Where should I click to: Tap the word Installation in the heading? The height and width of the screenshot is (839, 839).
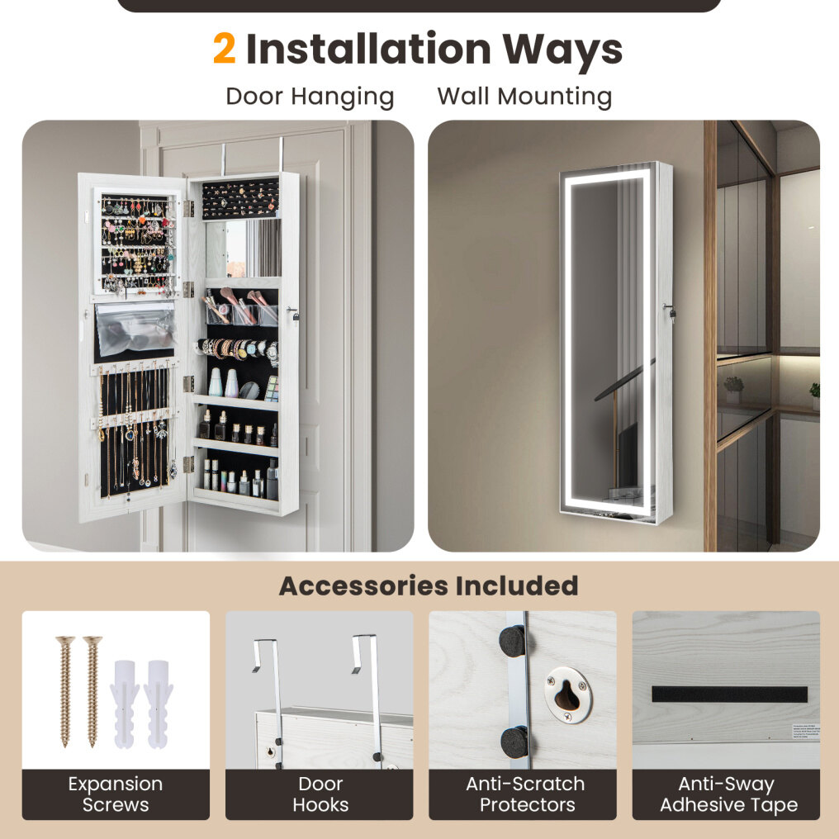pos(368,50)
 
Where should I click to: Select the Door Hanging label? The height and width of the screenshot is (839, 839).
pos(310,97)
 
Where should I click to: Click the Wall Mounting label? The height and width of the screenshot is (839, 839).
pos(524,97)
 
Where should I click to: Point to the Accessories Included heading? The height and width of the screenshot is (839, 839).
pos(429,585)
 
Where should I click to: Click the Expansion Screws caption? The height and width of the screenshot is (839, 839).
pos(116,794)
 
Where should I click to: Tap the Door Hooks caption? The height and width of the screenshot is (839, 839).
pos(320,794)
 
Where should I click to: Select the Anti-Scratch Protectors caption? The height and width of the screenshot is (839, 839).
pos(525,794)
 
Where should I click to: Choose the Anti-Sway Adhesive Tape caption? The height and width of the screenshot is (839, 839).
pos(728,794)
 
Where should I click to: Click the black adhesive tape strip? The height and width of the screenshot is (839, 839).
pos(729,694)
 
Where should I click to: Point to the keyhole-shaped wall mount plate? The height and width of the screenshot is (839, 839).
pos(568,694)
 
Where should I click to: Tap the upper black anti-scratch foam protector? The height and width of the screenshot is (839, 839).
pos(513,641)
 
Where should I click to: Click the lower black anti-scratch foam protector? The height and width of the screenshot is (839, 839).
pos(514,742)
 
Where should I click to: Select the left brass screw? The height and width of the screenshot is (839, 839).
pos(65,691)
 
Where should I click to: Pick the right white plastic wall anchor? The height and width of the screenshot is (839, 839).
pos(159,704)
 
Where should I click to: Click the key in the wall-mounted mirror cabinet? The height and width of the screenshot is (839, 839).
pos(670,310)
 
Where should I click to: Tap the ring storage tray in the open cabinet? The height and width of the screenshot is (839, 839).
pos(240,199)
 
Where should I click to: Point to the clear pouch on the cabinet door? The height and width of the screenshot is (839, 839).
pos(135,329)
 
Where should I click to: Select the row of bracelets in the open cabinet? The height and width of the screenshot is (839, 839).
pos(238,350)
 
